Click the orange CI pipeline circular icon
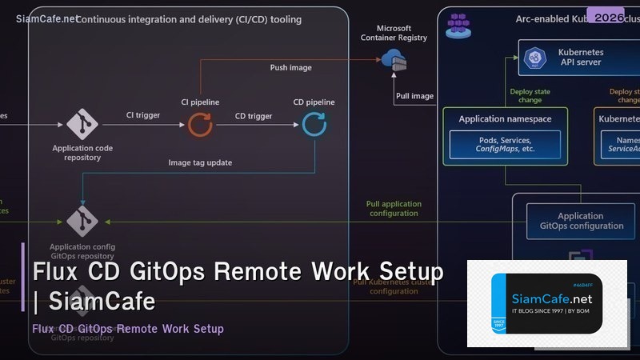[200, 123]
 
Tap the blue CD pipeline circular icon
[314, 123]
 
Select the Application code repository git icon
[82, 124]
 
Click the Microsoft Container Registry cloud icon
[393, 58]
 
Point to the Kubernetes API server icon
[532, 58]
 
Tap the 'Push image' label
[290, 68]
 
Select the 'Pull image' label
[414, 97]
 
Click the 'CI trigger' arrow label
[143, 116]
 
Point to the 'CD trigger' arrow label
[254, 116]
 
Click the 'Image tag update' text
[200, 162]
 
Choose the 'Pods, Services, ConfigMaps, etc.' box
[505, 144]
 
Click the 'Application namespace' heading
[505, 119]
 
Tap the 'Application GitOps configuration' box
[580, 221]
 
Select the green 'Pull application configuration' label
[394, 209]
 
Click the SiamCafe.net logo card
[546, 303]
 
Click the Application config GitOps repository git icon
[82, 221]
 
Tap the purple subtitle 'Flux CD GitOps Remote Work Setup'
[128, 329]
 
